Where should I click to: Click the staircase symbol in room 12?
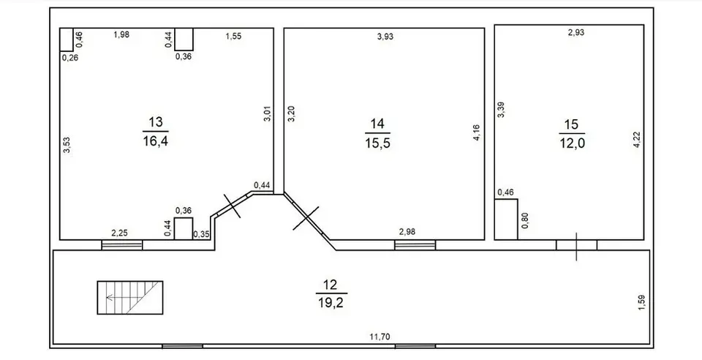point(130,297)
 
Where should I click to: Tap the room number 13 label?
point(155,121)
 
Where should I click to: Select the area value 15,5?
point(377,143)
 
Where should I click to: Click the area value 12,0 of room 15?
point(572,143)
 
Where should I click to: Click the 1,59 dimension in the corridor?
point(641,302)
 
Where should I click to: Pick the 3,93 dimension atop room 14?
point(385,37)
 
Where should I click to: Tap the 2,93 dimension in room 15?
point(576,32)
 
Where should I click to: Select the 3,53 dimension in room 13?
point(67,145)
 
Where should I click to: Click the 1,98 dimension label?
point(121,34)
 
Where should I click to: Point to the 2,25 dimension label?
point(119,232)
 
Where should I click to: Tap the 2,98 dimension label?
point(407,231)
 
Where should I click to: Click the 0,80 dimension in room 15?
point(525,220)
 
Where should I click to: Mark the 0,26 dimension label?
point(70,57)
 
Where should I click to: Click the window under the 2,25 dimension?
point(122,245)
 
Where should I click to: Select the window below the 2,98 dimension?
point(415,245)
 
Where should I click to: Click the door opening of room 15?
point(577,245)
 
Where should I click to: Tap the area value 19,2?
point(331,303)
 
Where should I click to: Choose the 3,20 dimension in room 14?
point(291,114)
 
